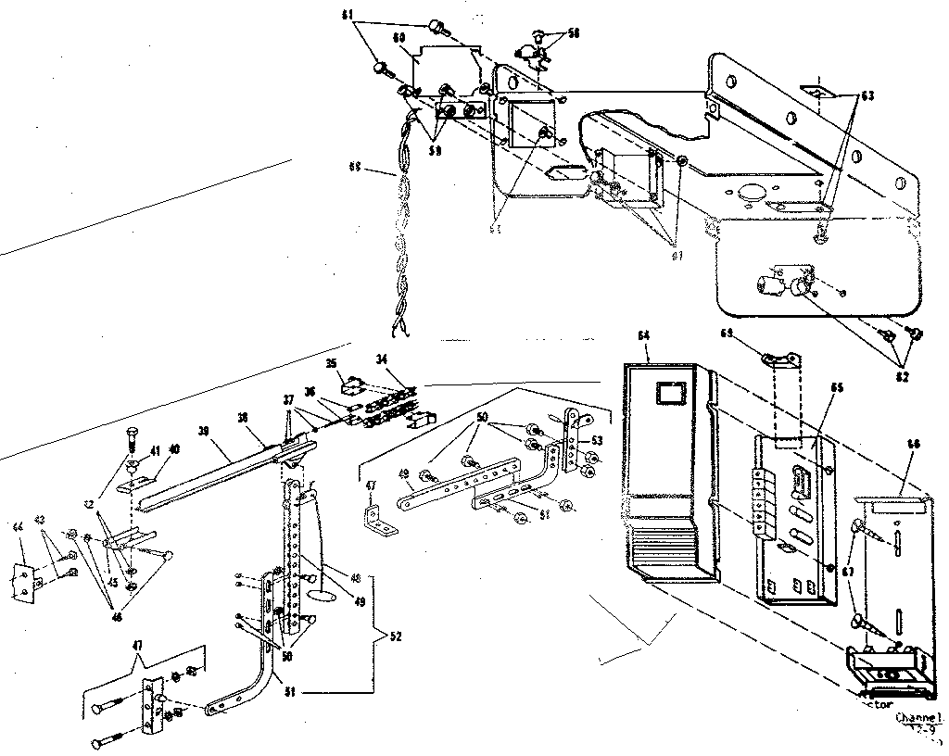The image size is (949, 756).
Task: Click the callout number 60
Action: [x=399, y=39]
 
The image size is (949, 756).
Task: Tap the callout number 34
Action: [x=382, y=359]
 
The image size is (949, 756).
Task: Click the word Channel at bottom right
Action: [x=918, y=717]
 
